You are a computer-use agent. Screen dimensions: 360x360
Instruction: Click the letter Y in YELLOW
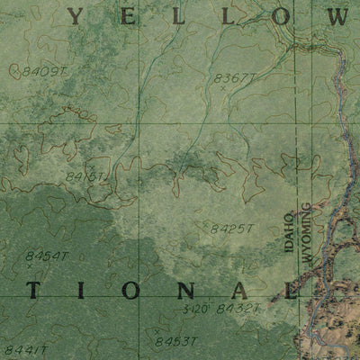pos(78,16)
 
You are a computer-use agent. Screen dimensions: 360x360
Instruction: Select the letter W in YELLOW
pos(336,16)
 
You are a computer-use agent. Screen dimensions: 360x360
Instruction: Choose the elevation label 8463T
pos(175,342)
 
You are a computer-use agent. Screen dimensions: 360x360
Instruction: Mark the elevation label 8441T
pos(22,349)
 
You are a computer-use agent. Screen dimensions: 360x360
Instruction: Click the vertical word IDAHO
pos(290,230)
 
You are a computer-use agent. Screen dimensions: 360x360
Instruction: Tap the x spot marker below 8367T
pos(222,89)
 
